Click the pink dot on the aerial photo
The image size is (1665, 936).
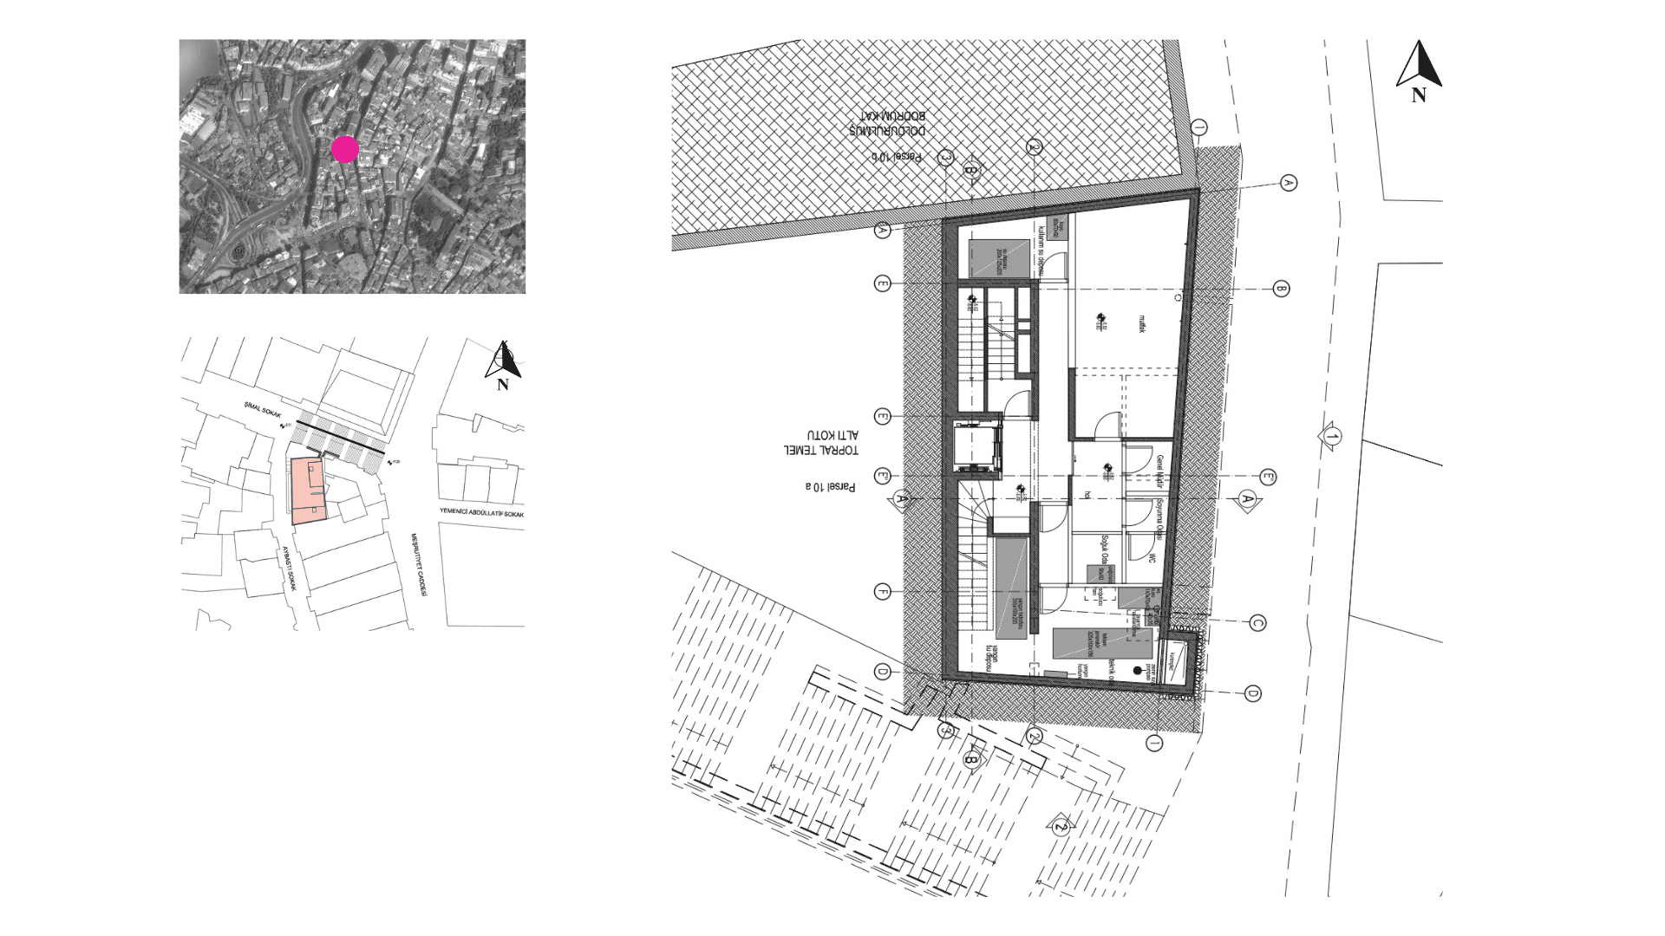tap(345, 149)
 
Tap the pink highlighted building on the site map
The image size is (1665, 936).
tap(308, 491)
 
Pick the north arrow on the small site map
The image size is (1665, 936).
tap(503, 364)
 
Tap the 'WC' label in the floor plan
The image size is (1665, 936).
tap(1154, 559)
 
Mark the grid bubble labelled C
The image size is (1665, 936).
tap(1257, 623)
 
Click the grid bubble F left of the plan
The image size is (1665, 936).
tap(882, 592)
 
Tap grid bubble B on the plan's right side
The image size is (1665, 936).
tap(1281, 289)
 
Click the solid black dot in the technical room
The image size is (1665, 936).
tap(1138, 671)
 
